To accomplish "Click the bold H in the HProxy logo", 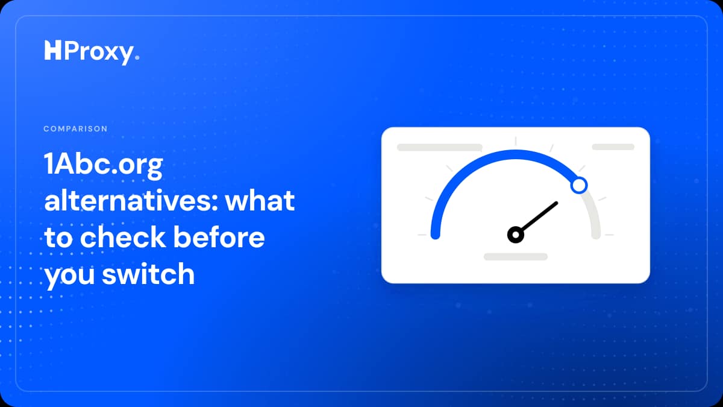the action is click(52, 50).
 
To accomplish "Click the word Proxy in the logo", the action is click(99, 52).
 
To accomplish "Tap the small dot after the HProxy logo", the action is click(137, 57).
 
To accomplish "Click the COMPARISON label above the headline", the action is click(75, 128).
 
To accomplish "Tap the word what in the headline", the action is click(260, 201).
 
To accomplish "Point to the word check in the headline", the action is click(123, 237).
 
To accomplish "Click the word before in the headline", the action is click(219, 237).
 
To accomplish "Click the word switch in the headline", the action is click(148, 274).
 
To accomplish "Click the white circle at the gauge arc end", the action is click(579, 186).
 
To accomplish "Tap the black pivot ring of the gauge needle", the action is click(516, 235).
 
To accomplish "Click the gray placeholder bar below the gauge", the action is click(516, 257).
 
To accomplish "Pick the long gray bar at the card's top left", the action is click(440, 147).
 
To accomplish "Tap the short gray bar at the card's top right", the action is click(613, 147).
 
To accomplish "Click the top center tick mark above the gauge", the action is click(516, 141).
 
